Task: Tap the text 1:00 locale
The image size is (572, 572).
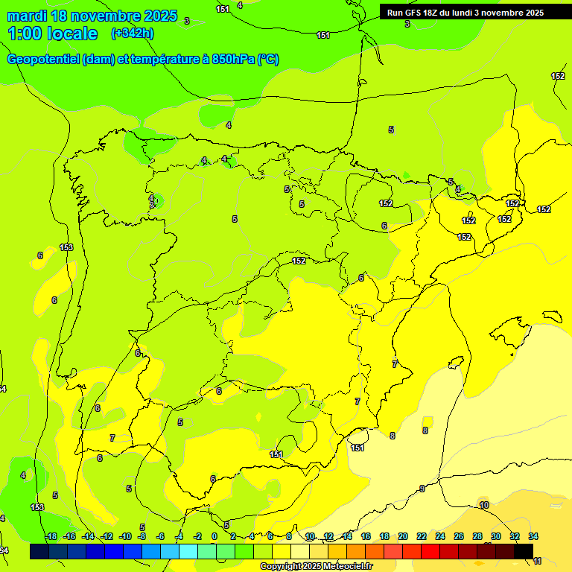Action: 53,34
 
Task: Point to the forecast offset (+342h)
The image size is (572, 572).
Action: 132,34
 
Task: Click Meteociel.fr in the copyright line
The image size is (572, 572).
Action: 343,567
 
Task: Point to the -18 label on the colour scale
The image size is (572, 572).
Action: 51,536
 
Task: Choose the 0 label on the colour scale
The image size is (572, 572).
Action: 214,536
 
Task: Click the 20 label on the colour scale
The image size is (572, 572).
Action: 403,536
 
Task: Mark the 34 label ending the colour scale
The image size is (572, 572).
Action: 533,536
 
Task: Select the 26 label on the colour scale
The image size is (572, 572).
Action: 459,536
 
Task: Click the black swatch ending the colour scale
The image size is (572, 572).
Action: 524,551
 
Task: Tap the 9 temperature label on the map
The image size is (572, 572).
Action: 422,489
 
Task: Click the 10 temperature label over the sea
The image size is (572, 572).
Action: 484,505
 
